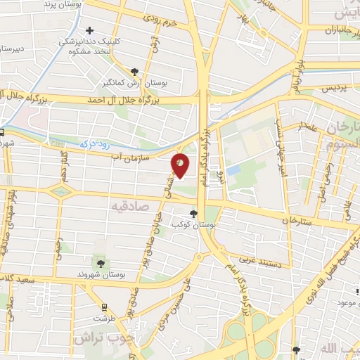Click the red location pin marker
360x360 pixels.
pyautogui.click(x=180, y=165)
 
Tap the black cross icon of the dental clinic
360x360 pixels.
pyautogui.click(x=89, y=31)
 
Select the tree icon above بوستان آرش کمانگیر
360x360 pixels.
pyautogui.click(x=135, y=70)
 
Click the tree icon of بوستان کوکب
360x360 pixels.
pyautogui.click(x=195, y=214)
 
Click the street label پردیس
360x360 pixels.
pyautogui.click(x=336, y=90)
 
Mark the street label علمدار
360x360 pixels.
pyautogui.click(x=309, y=127)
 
